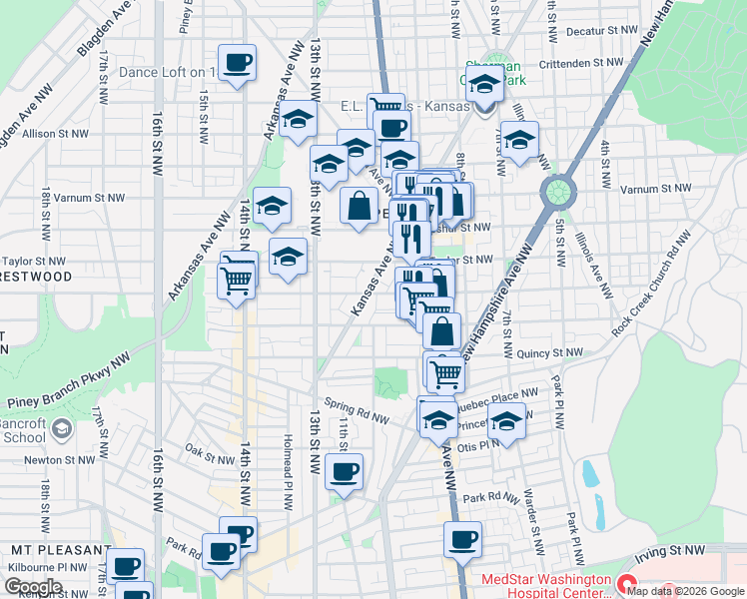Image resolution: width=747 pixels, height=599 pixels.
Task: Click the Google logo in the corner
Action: point(33,586)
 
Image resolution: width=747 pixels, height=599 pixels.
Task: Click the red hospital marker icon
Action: point(626,583)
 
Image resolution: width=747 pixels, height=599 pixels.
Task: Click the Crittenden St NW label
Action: point(580,63)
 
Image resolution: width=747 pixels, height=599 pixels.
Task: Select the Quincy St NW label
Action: point(549,352)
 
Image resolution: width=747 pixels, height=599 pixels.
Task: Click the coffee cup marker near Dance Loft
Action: point(238,63)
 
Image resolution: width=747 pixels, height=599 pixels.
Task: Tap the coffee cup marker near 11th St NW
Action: point(344,470)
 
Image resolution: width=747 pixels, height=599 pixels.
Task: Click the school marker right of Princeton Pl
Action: point(506,421)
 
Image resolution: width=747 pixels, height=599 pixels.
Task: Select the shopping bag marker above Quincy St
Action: point(440,329)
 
